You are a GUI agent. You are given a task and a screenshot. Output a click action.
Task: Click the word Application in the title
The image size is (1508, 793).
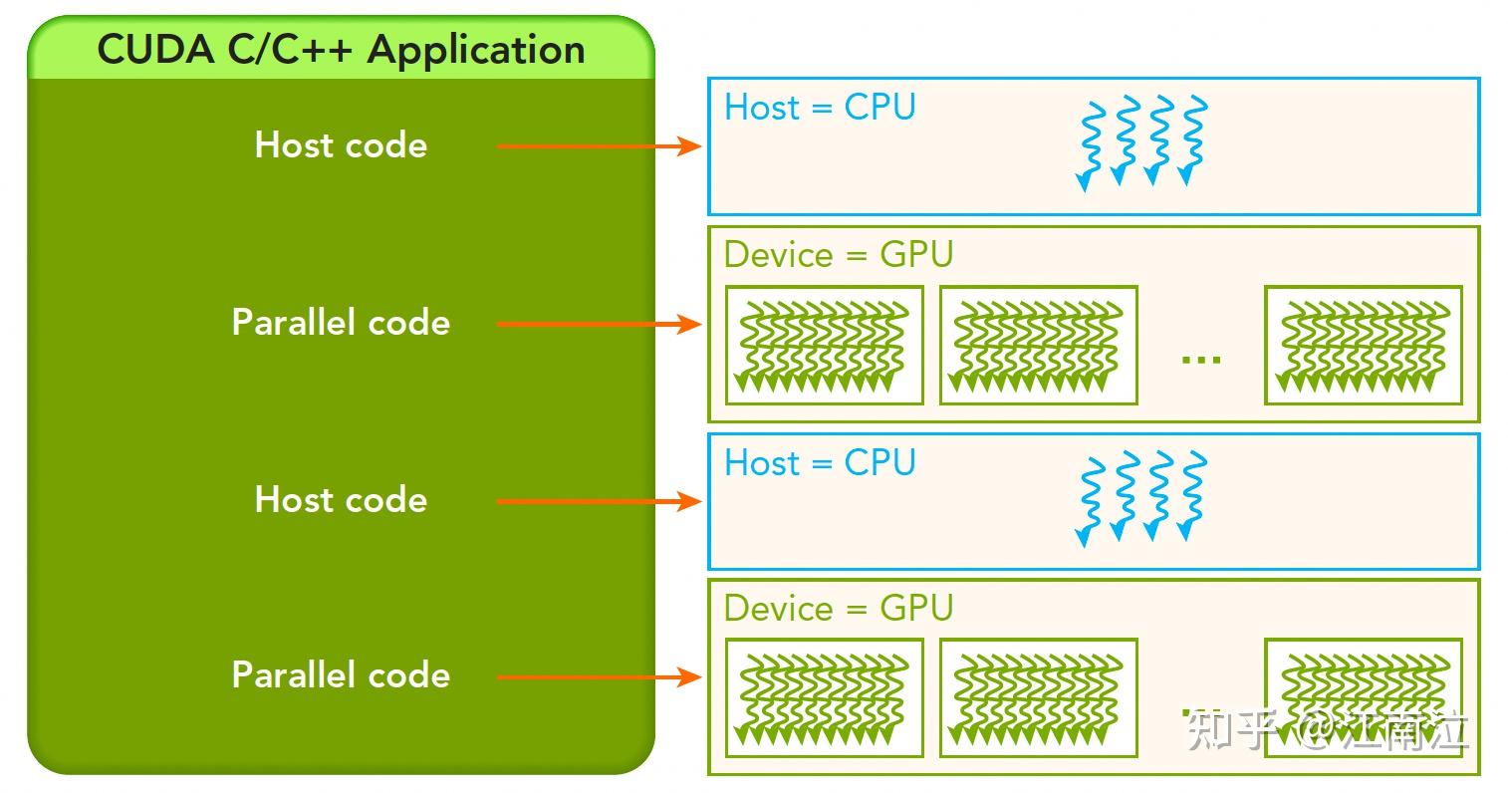476,50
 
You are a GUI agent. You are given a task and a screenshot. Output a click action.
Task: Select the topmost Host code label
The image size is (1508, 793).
341,145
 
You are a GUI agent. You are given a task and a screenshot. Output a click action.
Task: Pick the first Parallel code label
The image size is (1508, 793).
341,323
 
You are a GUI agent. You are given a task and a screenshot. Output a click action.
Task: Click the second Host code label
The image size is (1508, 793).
341,500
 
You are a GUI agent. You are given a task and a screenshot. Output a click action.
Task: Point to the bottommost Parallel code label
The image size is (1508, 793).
341,675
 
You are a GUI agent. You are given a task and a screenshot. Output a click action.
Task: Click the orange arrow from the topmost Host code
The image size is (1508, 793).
598,146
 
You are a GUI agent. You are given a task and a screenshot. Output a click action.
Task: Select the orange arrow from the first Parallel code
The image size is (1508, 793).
598,324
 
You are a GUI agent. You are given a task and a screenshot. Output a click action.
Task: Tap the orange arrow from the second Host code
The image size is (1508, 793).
598,501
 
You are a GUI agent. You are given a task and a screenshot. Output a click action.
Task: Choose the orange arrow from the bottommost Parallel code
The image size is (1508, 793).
598,677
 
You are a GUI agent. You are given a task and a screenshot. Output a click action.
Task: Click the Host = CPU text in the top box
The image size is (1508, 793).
820,108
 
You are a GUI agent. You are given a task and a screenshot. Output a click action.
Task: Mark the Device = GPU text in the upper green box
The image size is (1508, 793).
839,255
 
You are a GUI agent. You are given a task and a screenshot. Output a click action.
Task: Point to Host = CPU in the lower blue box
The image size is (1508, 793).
820,463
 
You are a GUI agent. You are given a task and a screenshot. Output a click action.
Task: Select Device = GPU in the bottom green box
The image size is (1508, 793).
839,609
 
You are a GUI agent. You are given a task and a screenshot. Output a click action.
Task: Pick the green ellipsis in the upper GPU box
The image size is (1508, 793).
1200,357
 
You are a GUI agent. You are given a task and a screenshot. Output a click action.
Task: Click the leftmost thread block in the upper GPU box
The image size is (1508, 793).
824,345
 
